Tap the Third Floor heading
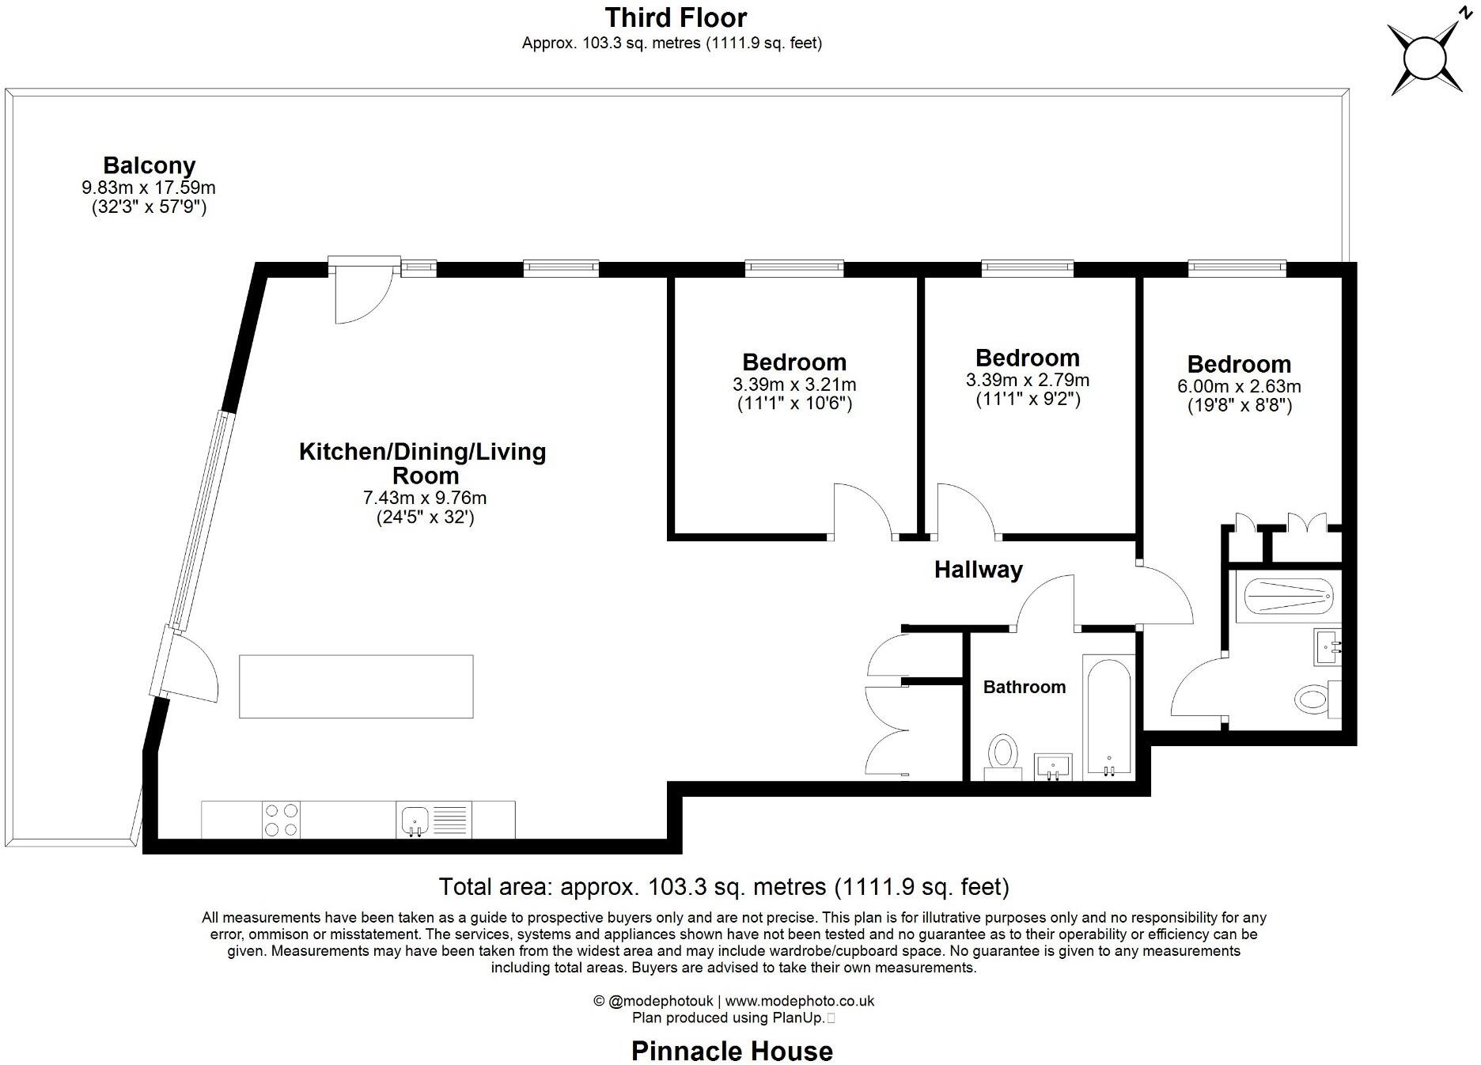click(675, 17)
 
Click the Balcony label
click(149, 165)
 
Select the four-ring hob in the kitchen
click(281, 820)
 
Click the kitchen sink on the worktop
click(415, 820)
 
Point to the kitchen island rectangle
click(356, 686)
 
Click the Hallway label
click(978, 570)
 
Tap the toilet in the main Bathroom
click(1003, 752)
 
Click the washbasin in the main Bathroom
click(1053, 766)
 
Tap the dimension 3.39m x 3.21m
click(794, 385)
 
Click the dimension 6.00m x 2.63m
click(1239, 387)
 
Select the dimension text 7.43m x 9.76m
click(424, 498)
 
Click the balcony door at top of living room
click(364, 291)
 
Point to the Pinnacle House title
click(732, 1051)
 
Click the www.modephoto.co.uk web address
click(799, 1001)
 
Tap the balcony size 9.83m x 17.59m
click(149, 188)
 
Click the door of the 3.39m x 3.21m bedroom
click(863, 512)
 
